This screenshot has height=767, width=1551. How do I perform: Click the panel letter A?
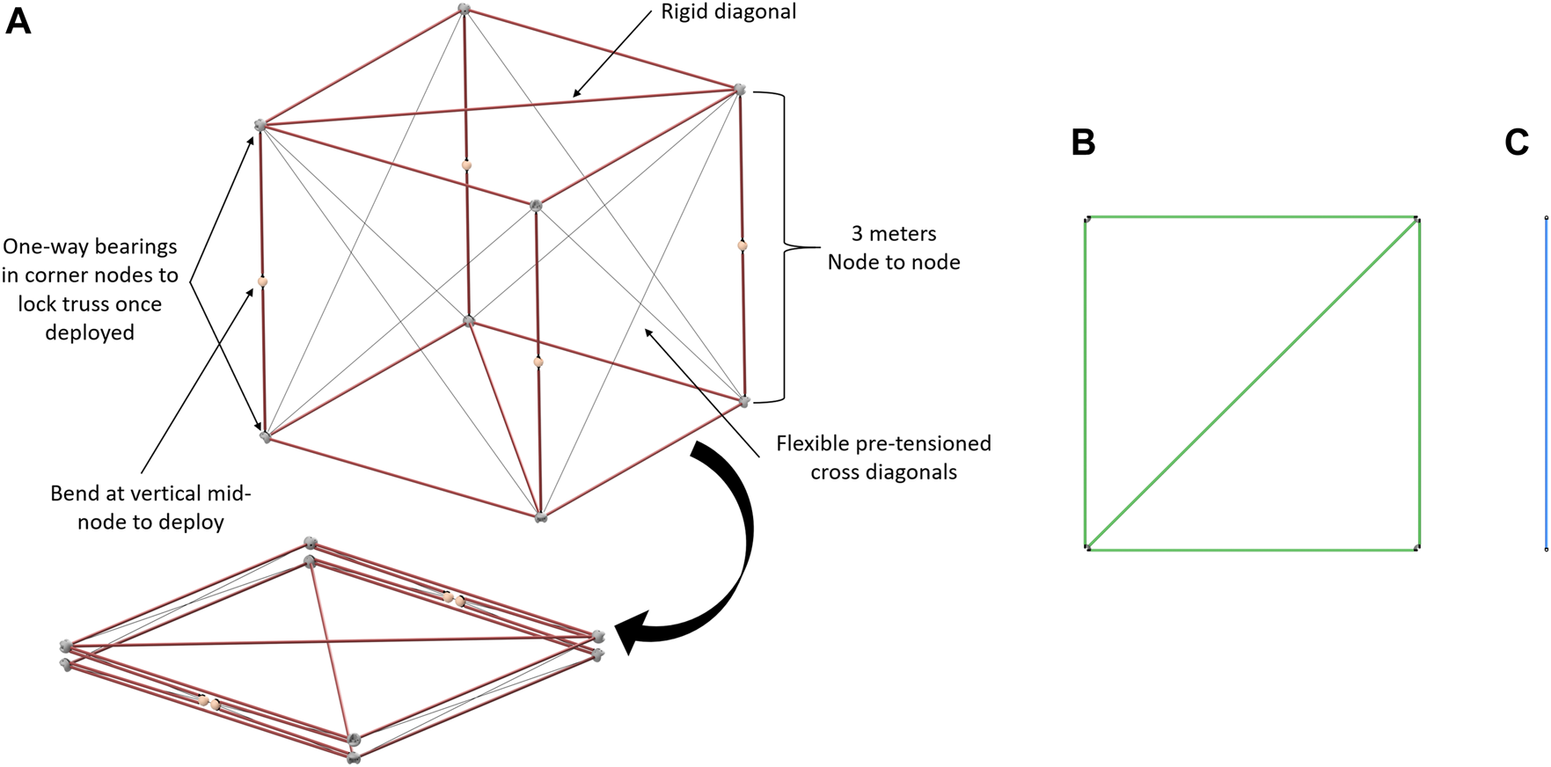point(18,21)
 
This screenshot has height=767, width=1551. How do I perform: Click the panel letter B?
point(1083,142)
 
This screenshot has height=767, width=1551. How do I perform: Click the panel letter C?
point(1517,142)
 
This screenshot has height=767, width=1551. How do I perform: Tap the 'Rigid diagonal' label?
point(728,12)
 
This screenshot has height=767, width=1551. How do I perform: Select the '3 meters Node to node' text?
point(893,248)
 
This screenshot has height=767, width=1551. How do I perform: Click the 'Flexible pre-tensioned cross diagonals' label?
point(883,457)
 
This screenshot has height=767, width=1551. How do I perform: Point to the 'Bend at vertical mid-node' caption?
point(150,508)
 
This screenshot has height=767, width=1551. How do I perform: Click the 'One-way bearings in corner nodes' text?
point(90,289)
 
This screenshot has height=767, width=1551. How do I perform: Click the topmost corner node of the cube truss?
point(464,10)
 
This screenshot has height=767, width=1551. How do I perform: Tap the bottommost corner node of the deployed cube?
point(541,516)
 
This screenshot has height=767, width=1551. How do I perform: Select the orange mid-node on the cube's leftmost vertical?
point(262,282)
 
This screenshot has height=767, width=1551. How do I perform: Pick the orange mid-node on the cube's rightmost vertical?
point(743,246)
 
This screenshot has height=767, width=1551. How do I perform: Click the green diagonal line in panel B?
point(1253,383)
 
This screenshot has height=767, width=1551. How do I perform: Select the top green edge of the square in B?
point(1251,217)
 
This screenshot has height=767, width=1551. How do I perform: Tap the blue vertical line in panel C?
point(1546,383)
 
